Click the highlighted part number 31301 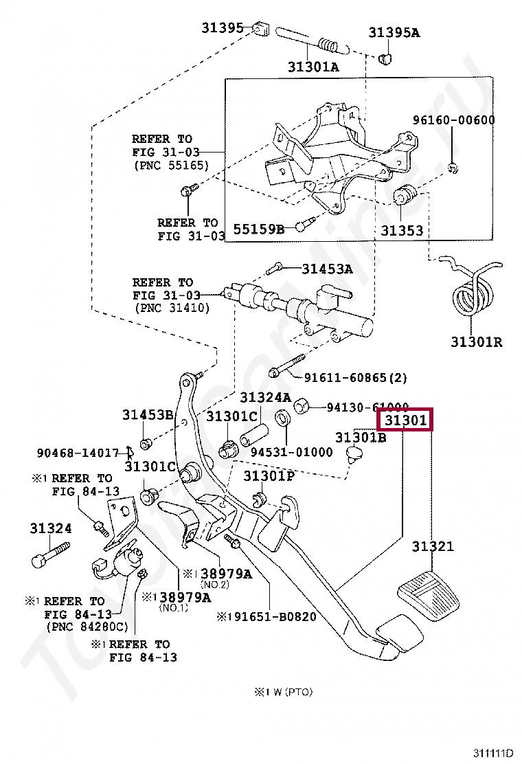pos(406,419)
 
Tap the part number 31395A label pos(394,32)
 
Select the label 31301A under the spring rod pos(313,67)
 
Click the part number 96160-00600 pos(453,120)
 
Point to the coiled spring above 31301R pos(474,292)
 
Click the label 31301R pos(476,341)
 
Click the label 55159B pos(258,229)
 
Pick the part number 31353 pos(402,231)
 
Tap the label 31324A pos(265,398)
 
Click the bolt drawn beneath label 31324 pos(50,554)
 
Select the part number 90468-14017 pos(78,453)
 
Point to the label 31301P pos(269,475)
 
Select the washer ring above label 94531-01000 pos(282,419)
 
